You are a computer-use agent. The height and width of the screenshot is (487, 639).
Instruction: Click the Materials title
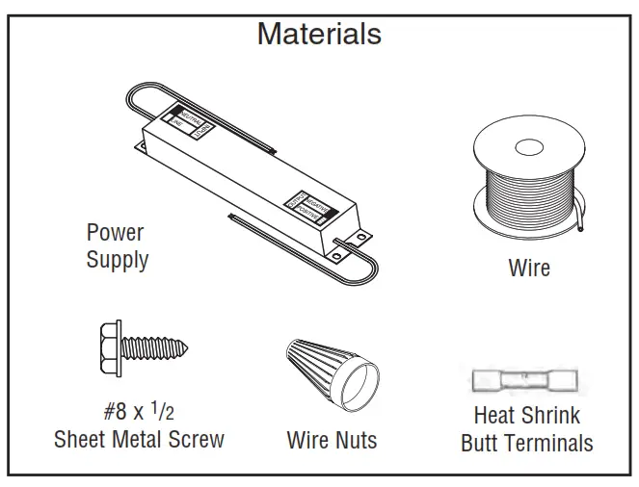pyautogui.click(x=319, y=34)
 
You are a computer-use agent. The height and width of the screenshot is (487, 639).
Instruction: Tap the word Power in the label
pyautogui.click(x=115, y=233)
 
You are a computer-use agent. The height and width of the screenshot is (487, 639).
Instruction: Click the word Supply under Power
pyautogui.click(x=117, y=260)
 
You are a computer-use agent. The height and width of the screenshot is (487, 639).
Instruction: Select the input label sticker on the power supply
pyautogui.click(x=187, y=119)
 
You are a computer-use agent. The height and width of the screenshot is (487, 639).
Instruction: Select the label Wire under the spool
pyautogui.click(x=529, y=268)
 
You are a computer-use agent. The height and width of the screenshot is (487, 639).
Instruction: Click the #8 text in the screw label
pyautogui.click(x=116, y=412)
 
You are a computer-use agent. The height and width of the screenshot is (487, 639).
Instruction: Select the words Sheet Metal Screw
pyautogui.click(x=139, y=440)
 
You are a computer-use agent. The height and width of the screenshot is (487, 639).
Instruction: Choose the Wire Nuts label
pyautogui.click(x=332, y=441)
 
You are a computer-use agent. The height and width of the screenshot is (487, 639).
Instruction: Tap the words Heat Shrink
pyautogui.click(x=526, y=416)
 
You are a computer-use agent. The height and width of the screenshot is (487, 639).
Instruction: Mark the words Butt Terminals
pyautogui.click(x=526, y=444)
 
